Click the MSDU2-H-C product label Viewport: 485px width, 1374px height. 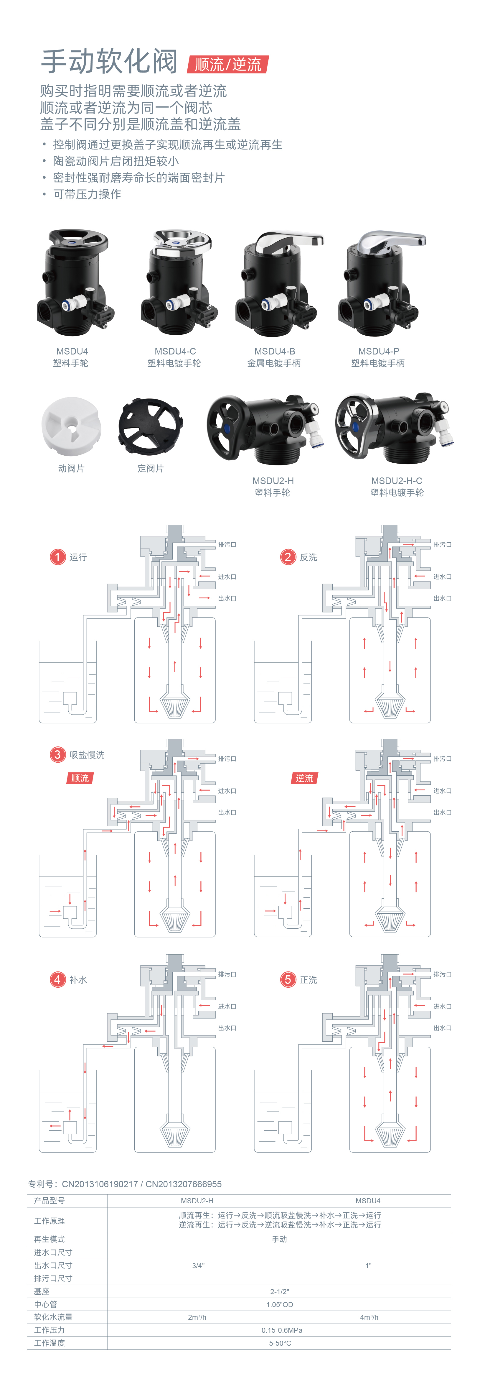click(x=397, y=481)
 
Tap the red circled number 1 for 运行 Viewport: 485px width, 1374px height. click(x=57, y=557)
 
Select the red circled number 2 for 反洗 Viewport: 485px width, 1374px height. click(x=288, y=557)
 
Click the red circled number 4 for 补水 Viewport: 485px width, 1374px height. click(x=57, y=980)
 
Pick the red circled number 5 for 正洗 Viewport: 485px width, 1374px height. click(x=288, y=980)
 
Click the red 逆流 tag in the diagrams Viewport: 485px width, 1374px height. click(x=304, y=778)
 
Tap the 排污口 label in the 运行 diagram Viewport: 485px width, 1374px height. click(x=227, y=545)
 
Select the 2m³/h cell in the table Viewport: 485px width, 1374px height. click(x=197, y=1317)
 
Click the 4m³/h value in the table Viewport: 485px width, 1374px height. click(x=369, y=1317)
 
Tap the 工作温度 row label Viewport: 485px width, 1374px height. click(x=50, y=1343)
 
